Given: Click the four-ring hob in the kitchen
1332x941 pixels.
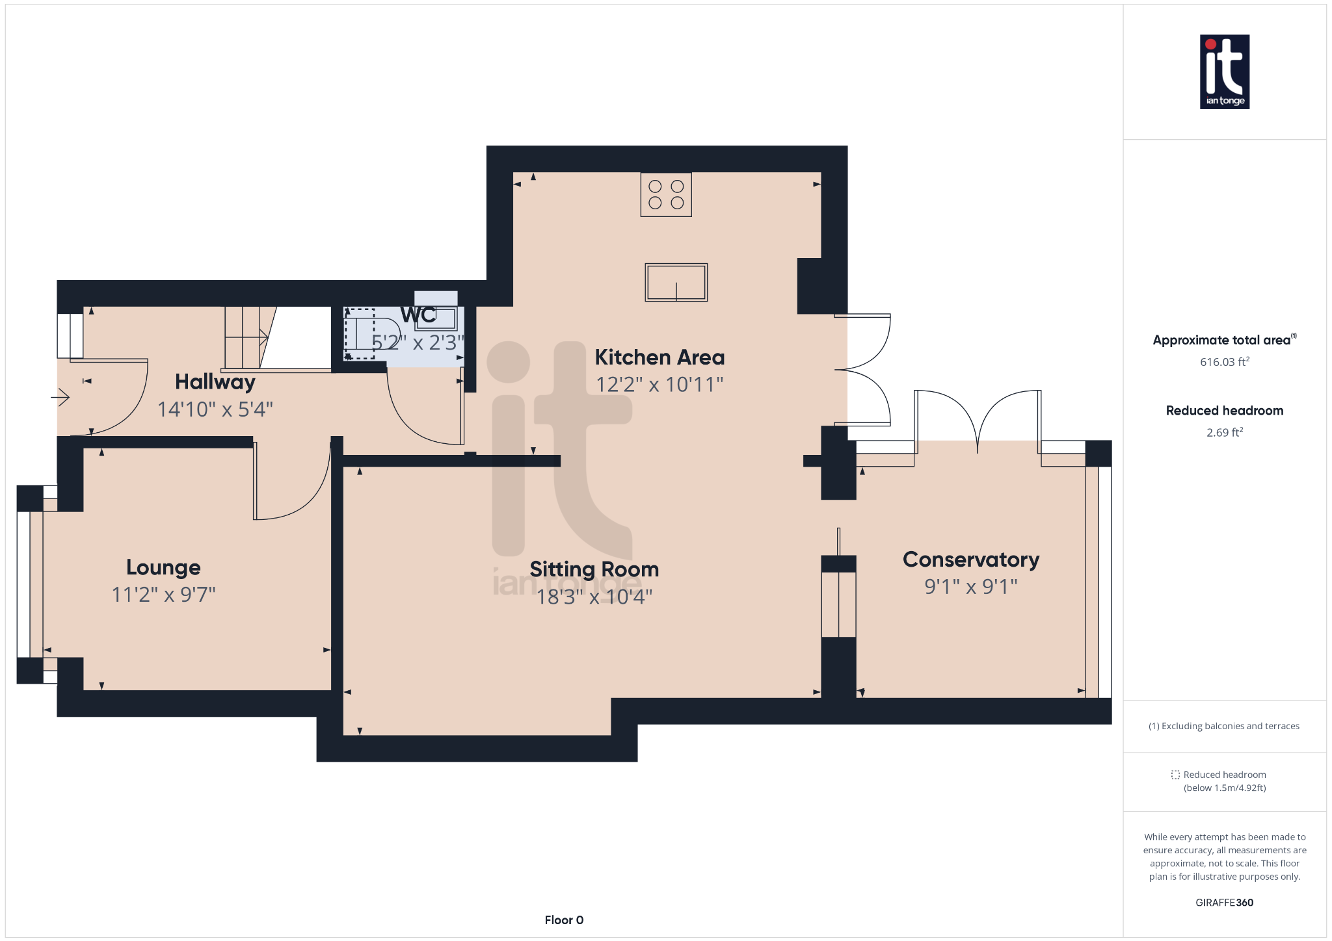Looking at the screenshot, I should tap(666, 194).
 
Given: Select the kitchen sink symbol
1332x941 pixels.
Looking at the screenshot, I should tap(676, 283).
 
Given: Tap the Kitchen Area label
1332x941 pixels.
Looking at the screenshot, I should tap(659, 357).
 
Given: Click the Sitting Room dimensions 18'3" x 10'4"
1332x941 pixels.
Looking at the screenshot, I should tap(594, 597).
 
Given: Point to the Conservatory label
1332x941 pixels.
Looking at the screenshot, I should tap(970, 560).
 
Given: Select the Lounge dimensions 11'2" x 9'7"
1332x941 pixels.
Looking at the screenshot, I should tap(163, 595).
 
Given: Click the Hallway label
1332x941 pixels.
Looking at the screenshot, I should tap(215, 382).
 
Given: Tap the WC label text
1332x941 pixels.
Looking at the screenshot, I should tap(418, 315).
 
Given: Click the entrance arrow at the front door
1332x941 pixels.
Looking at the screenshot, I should tap(60, 396).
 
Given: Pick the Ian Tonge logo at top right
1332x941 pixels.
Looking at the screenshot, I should tap(1224, 71).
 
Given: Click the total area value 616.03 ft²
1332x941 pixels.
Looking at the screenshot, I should tap(1224, 362).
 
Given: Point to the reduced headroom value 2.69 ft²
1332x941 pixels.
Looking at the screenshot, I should tap(1224, 432).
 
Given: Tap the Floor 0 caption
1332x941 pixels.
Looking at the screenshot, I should tap(564, 920).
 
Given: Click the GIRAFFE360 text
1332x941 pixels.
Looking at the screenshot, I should tap(1224, 903).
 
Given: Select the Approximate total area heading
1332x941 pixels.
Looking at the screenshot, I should tap(1221, 340).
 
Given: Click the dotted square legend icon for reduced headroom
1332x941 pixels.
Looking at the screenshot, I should tap(1175, 775).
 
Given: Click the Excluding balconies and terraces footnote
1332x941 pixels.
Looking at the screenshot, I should tap(1224, 726).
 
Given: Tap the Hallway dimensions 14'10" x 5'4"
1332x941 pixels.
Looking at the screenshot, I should tap(215, 409).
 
